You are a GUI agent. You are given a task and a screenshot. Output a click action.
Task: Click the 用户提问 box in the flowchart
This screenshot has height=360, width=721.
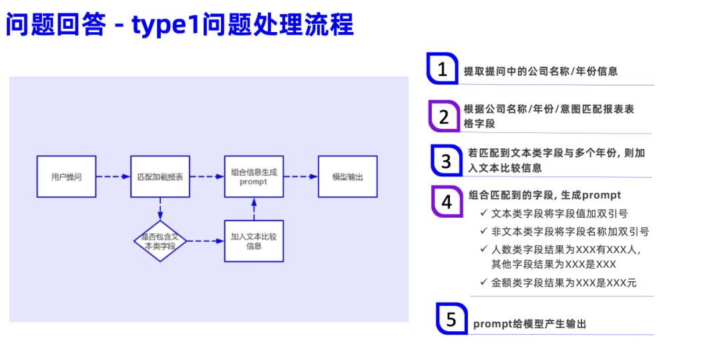point(66,177)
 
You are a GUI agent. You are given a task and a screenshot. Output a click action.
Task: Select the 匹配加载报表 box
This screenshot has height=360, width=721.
point(160,177)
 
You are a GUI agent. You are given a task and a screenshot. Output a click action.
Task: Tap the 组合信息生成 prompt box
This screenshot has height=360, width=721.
point(254,177)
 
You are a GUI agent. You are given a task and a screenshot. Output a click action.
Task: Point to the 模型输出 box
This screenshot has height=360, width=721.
point(347,177)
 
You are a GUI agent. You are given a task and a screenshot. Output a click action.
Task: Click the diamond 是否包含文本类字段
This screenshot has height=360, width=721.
point(160,240)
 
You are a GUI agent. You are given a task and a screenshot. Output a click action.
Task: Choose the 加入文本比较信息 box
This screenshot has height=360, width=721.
point(254,240)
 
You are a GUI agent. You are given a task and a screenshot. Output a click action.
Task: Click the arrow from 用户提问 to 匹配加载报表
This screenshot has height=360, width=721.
point(113,177)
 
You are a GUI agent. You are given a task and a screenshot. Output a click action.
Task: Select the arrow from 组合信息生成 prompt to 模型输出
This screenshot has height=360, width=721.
point(300,177)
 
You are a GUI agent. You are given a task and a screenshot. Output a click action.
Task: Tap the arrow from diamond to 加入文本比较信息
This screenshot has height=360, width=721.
point(206,240)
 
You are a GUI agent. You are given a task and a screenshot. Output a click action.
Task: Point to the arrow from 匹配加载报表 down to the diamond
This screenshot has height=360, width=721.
point(160,208)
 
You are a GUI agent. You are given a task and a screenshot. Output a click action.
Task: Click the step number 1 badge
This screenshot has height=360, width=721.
point(442,69)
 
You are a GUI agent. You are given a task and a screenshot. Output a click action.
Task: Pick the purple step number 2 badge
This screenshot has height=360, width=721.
point(444,117)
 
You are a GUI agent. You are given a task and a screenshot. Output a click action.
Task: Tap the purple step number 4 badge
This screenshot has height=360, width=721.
point(447,202)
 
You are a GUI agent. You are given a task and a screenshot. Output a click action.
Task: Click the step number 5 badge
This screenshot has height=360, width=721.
point(451,319)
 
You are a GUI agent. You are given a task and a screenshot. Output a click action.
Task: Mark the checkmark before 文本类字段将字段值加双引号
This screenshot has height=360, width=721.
point(483,214)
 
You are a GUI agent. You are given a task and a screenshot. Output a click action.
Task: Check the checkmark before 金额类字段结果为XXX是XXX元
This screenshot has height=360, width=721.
point(483,283)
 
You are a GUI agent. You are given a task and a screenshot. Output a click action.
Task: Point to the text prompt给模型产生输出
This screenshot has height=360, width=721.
point(529,324)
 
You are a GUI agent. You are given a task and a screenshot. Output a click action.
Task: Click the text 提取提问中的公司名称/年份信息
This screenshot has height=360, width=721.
point(541,71)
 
